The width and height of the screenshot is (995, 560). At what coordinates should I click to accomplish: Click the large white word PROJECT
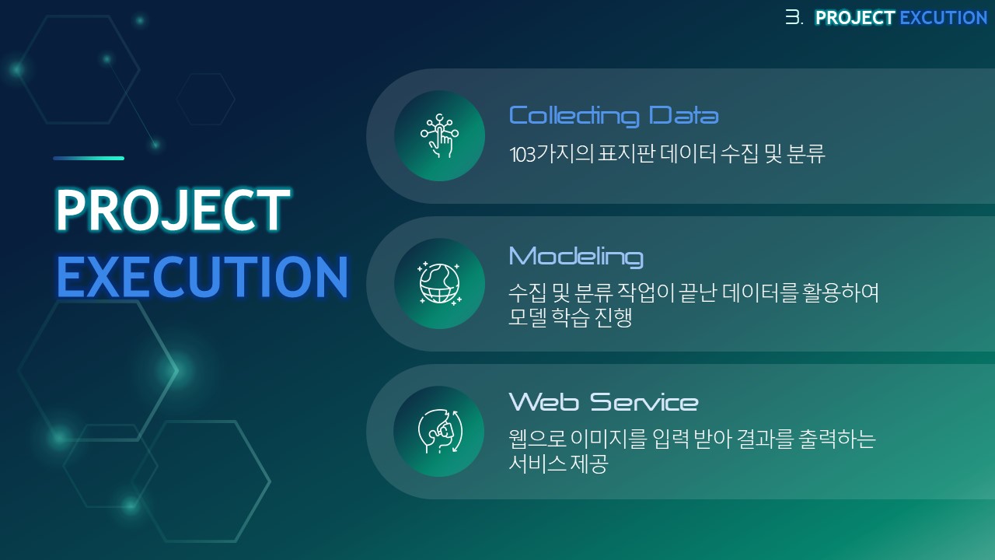coord(173,210)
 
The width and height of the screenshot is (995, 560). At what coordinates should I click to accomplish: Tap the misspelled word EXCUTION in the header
coord(943,18)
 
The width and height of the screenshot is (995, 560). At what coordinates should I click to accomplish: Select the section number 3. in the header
coord(794,18)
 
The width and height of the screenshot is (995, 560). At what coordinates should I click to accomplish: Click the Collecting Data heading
coord(613,117)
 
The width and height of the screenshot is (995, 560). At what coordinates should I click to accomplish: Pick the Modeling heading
coord(576,257)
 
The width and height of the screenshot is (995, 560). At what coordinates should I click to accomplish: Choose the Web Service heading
coord(603,402)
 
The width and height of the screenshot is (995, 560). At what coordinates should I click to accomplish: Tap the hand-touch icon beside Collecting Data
coord(439,136)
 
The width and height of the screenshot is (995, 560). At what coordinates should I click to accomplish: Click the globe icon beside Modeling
coord(439,284)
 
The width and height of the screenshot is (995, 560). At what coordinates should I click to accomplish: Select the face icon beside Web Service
coord(440,432)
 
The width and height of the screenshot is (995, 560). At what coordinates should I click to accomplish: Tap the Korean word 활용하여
coord(840,292)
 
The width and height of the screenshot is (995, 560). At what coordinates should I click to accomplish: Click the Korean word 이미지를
coord(609,439)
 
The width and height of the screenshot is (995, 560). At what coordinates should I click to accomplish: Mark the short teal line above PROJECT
coord(89,158)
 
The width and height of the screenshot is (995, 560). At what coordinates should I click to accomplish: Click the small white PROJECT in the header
coord(855,18)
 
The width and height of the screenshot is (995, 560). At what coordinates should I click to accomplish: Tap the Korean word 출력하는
coord(837,439)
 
